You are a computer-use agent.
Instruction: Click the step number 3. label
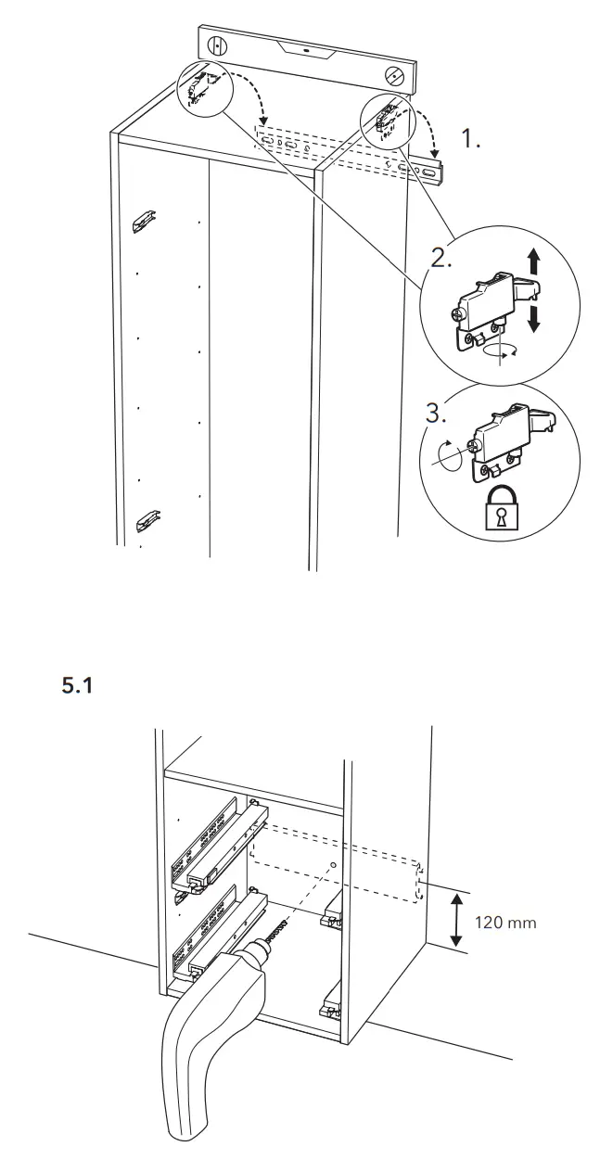[436, 413]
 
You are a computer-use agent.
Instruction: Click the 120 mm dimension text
[505, 923]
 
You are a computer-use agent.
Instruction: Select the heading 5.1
[77, 687]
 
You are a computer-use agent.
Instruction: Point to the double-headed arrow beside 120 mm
[455, 920]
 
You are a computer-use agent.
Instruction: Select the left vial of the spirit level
[216, 45]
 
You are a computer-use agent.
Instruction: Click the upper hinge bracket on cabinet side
[144, 222]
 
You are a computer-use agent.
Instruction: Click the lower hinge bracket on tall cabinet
[146, 520]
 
